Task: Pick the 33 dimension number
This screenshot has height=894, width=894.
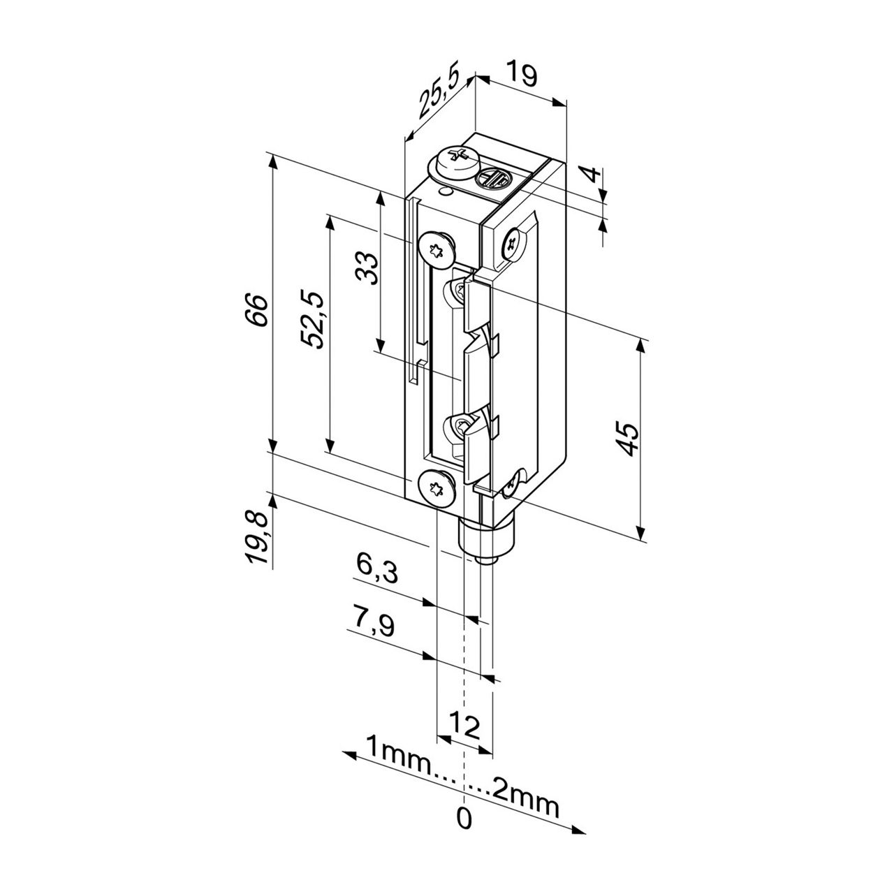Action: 367,268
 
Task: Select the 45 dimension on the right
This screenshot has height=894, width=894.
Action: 629,439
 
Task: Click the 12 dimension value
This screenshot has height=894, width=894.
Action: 464,728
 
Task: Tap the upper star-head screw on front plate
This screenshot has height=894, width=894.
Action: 437,247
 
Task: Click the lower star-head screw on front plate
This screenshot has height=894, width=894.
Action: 437,486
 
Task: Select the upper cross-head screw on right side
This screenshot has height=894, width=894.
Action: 513,242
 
